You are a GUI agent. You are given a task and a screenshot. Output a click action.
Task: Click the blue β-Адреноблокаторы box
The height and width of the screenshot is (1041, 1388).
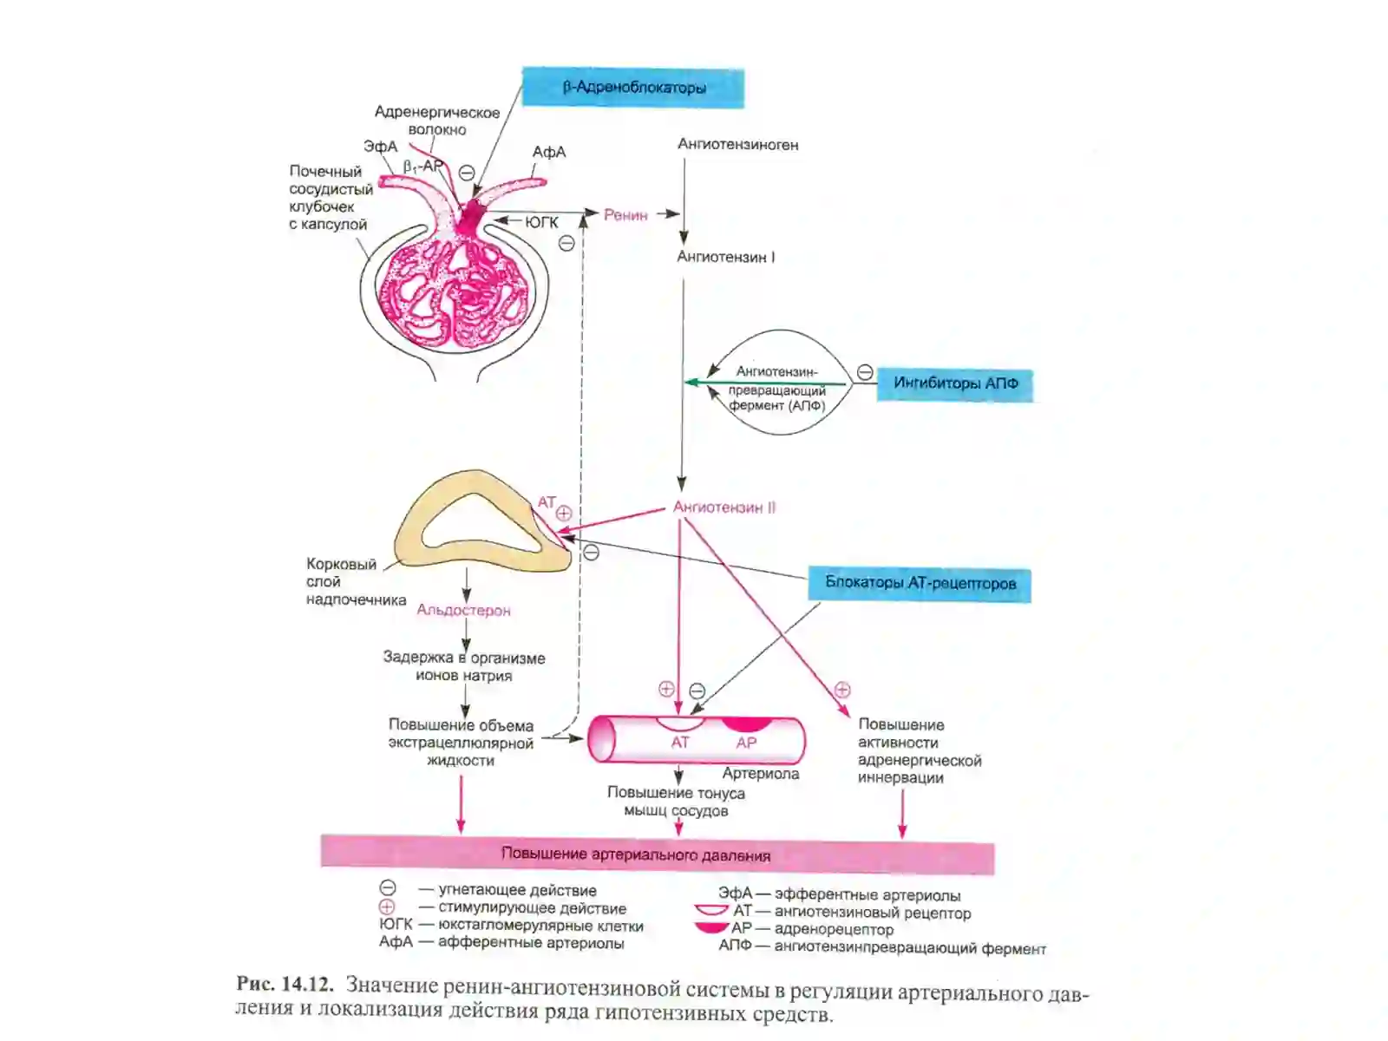pyautogui.click(x=632, y=88)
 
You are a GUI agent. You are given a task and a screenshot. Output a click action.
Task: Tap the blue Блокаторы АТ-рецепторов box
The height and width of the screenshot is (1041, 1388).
pyautogui.click(x=920, y=583)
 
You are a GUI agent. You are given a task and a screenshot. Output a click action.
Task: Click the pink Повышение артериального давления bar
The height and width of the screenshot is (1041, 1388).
pyautogui.click(x=657, y=854)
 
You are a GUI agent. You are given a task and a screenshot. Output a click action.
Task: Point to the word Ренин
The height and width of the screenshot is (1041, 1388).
pyautogui.click(x=625, y=215)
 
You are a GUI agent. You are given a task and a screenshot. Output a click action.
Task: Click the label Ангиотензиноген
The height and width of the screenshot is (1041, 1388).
pyautogui.click(x=738, y=145)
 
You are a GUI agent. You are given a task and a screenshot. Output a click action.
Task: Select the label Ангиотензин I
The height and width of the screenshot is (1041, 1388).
pyautogui.click(x=725, y=258)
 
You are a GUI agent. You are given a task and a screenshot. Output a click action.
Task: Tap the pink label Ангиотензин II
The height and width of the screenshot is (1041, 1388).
pyautogui.click(x=724, y=507)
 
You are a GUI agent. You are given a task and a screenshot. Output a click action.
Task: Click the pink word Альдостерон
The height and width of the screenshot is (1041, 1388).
pyautogui.click(x=463, y=611)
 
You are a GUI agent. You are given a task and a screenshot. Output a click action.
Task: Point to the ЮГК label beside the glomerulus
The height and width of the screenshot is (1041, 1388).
pyautogui.click(x=542, y=222)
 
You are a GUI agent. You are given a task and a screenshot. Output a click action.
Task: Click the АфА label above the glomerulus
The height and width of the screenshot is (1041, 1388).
pyautogui.click(x=549, y=153)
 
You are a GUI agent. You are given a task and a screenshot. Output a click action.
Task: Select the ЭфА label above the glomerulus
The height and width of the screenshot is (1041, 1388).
pyautogui.click(x=381, y=147)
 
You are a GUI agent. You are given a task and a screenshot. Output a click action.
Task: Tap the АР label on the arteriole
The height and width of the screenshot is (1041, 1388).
pyautogui.click(x=746, y=743)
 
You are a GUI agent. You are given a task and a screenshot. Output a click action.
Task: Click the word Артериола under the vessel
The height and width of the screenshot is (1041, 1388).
pyautogui.click(x=761, y=774)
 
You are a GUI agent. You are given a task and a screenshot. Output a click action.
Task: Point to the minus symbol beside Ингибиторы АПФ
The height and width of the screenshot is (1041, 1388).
pyautogui.click(x=864, y=372)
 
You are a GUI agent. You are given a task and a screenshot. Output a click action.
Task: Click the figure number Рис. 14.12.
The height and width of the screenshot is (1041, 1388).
pyautogui.click(x=285, y=984)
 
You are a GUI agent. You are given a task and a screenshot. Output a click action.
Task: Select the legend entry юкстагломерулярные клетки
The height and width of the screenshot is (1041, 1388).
pyautogui.click(x=540, y=926)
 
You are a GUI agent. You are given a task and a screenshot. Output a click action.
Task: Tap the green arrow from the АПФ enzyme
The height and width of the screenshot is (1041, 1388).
pyautogui.click(x=766, y=383)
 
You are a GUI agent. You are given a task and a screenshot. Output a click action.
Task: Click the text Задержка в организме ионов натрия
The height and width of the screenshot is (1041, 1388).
pyautogui.click(x=464, y=667)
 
